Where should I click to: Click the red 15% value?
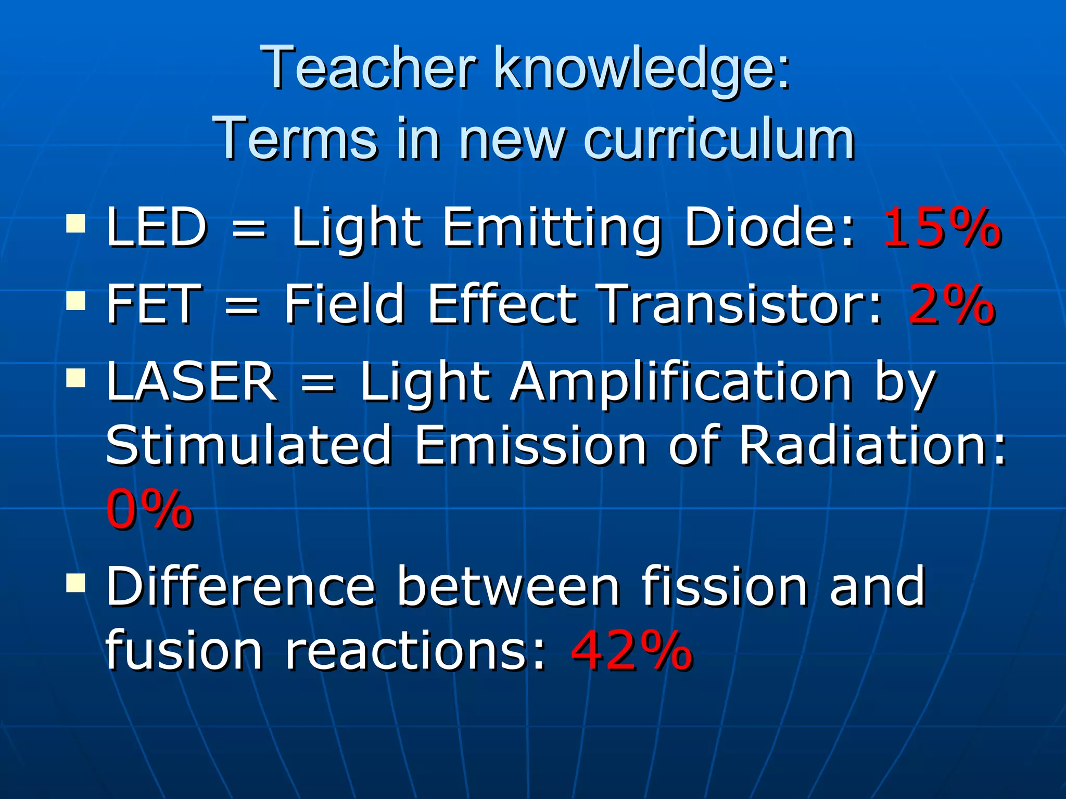[941, 227]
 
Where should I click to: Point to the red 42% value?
[631, 650]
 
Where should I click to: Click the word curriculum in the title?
[719, 138]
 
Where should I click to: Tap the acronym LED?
[157, 227]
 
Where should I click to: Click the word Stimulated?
[249, 445]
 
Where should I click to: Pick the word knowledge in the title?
[641, 68]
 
